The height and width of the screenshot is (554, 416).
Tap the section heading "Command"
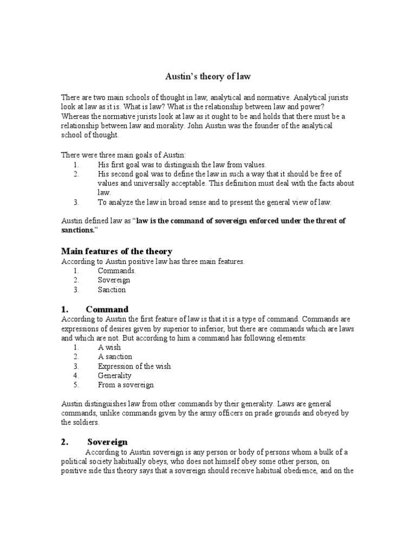(107, 309)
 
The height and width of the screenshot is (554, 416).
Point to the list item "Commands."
(116, 271)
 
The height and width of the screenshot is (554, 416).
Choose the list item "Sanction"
(112, 289)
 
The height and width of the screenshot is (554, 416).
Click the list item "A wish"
(109, 347)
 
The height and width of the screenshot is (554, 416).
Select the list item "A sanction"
(115, 357)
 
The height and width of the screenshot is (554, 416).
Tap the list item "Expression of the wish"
(134, 366)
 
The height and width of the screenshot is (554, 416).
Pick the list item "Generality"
(114, 375)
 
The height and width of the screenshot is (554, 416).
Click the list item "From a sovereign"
(126, 385)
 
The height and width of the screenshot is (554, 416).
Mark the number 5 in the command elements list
(76, 385)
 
